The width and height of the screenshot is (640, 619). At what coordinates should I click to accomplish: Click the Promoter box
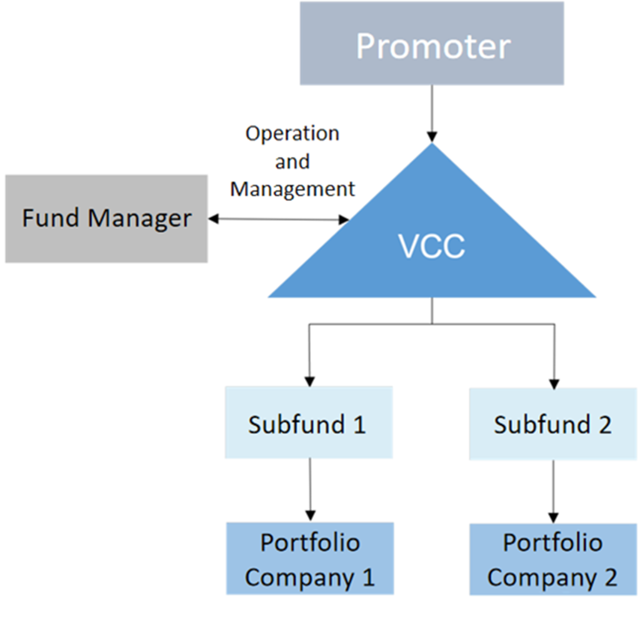(432, 43)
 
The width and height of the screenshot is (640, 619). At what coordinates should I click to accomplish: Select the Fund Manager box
(106, 218)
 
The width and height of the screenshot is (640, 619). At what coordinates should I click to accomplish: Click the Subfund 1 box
(309, 422)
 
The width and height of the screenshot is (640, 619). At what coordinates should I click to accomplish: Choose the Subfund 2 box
(553, 424)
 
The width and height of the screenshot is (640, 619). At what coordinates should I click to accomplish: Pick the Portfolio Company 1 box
(310, 558)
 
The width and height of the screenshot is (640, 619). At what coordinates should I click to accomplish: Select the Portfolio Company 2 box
(553, 560)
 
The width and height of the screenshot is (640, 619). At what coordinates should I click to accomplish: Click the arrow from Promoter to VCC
(432, 114)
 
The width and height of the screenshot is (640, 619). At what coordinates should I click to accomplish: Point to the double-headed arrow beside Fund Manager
(279, 220)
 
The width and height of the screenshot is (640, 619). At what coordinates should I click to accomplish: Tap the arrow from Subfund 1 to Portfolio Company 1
(310, 489)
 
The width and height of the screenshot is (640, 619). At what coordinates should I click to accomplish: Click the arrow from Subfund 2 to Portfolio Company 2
(554, 492)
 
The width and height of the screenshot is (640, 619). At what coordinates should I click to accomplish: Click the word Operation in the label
(292, 134)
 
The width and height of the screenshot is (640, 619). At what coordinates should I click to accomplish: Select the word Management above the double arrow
(292, 190)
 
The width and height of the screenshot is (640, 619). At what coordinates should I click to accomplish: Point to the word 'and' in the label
(292, 161)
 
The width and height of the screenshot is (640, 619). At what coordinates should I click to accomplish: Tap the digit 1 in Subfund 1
(359, 424)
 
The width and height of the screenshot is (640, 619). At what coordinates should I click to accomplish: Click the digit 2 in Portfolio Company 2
(611, 577)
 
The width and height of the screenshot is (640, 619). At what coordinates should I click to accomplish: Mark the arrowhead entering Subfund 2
(554, 384)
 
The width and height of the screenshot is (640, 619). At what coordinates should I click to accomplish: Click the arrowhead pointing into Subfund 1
(310, 381)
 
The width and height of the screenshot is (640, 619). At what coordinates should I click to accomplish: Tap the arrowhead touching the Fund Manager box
(213, 219)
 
